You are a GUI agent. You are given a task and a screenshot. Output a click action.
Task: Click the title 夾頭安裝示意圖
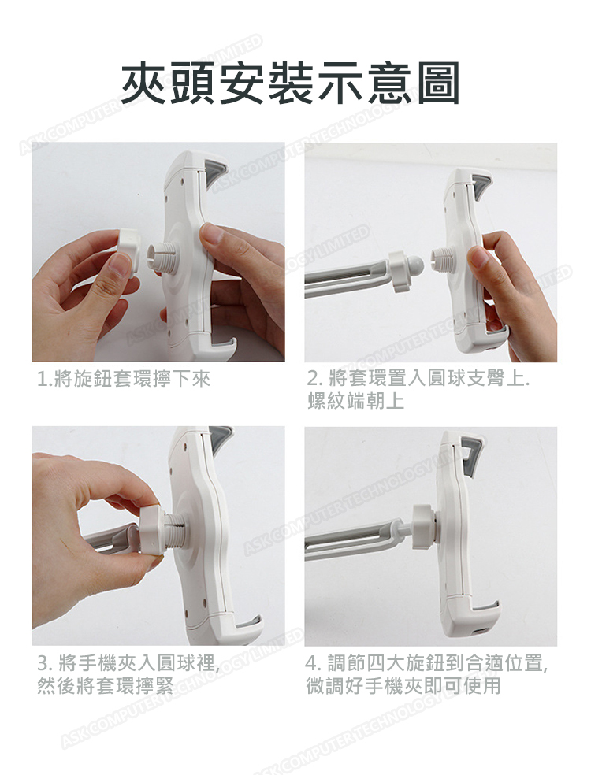[x=291, y=83]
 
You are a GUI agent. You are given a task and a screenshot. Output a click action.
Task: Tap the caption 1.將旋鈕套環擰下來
[x=124, y=379]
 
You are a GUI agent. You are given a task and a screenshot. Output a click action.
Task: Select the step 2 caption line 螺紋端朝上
[x=355, y=401]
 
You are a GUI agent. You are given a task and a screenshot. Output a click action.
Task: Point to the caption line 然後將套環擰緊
[x=106, y=685]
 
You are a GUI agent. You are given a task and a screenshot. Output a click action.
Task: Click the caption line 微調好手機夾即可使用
[x=403, y=685]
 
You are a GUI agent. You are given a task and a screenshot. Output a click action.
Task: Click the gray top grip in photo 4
[x=472, y=452]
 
